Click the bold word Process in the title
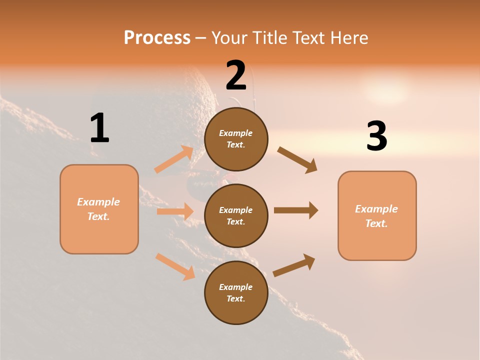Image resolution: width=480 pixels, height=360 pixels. tap(157, 37)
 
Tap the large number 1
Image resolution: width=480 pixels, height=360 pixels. tap(99, 128)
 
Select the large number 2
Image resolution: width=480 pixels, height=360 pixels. tap(236, 75)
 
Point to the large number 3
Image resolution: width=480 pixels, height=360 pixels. tap(376, 136)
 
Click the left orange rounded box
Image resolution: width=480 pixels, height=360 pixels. tap(99, 209)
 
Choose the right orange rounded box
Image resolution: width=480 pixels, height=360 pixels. tap(377, 216)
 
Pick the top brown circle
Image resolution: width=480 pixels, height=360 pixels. tap(236, 138)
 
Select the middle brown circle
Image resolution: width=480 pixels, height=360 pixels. tap(236, 215)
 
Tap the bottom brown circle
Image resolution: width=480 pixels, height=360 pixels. tap(236, 292)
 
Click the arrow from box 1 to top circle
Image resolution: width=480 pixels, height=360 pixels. tap(174, 159)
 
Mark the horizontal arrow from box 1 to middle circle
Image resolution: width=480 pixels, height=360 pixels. tap(175, 211)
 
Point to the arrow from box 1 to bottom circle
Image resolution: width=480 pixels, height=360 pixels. tap(175, 266)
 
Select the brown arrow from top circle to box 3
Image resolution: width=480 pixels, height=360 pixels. tap(297, 160)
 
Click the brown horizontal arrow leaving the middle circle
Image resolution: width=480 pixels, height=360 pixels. tap(295, 210)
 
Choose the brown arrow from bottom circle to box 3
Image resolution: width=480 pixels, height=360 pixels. tap(294, 265)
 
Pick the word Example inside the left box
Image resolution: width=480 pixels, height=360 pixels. tap(98, 202)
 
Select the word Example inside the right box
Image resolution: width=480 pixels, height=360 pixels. tap(376, 209)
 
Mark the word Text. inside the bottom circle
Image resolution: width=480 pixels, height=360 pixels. tap(236, 298)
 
